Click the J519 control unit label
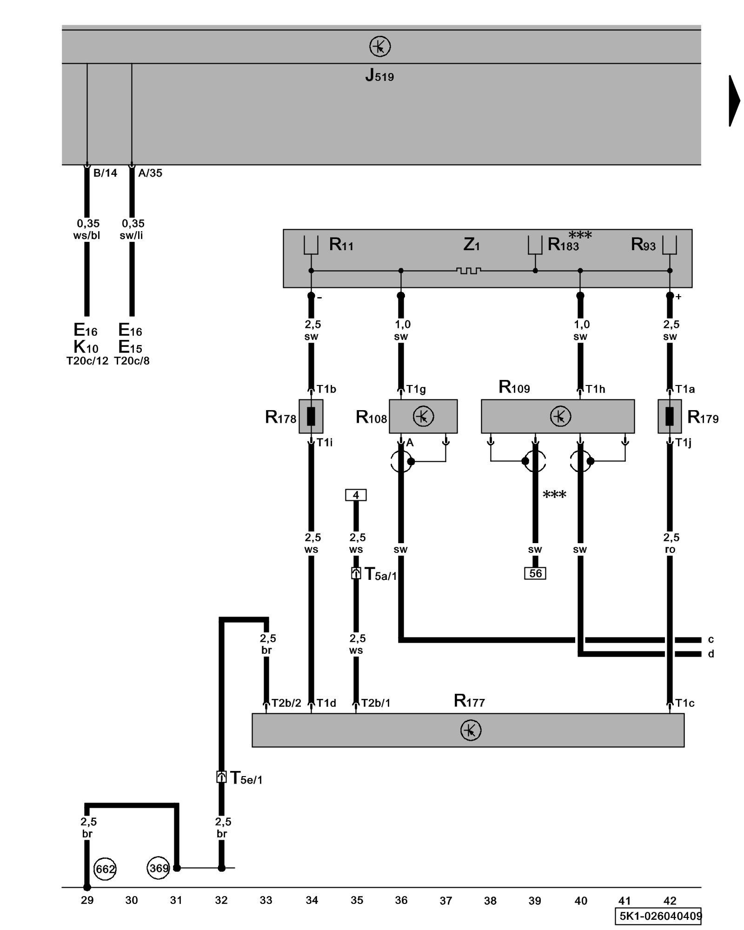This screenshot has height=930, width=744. tap(379, 75)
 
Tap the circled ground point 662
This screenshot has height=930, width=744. tap(105, 869)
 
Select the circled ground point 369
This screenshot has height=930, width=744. tap(159, 868)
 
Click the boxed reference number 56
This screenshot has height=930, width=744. tap(535, 573)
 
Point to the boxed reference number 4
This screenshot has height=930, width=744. tap(356, 495)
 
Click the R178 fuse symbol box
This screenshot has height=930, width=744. tap(311, 416)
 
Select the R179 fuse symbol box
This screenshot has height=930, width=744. tap(670, 416)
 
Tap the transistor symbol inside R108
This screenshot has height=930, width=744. tap(423, 416)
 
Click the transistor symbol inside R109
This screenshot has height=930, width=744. tap(560, 416)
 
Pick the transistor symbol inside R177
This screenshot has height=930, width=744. tap(471, 730)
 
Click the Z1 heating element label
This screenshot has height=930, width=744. tap(471, 244)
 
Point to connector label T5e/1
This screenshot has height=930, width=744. tap(246, 777)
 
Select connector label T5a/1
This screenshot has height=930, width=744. tap(380, 574)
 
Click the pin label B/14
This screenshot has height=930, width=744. tap(105, 173)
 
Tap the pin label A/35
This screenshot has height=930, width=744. tap(150, 173)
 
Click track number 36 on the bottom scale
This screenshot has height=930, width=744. tap(401, 900)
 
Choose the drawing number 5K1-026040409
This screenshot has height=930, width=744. tap(660, 916)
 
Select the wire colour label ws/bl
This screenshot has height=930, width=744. tap(86, 235)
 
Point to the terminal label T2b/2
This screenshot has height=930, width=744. tap(286, 703)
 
